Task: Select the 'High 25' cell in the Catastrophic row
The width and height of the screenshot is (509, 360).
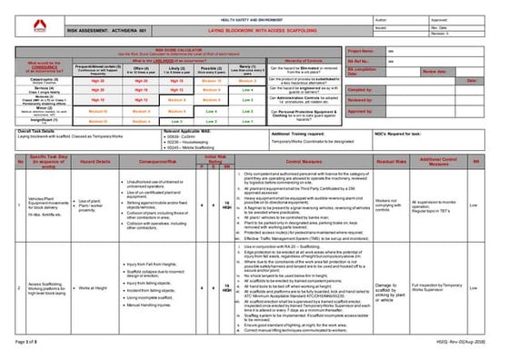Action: click(x=98, y=81)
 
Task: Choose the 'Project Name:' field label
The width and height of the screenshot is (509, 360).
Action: click(x=364, y=52)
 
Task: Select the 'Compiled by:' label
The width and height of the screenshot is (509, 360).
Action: click(x=363, y=90)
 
